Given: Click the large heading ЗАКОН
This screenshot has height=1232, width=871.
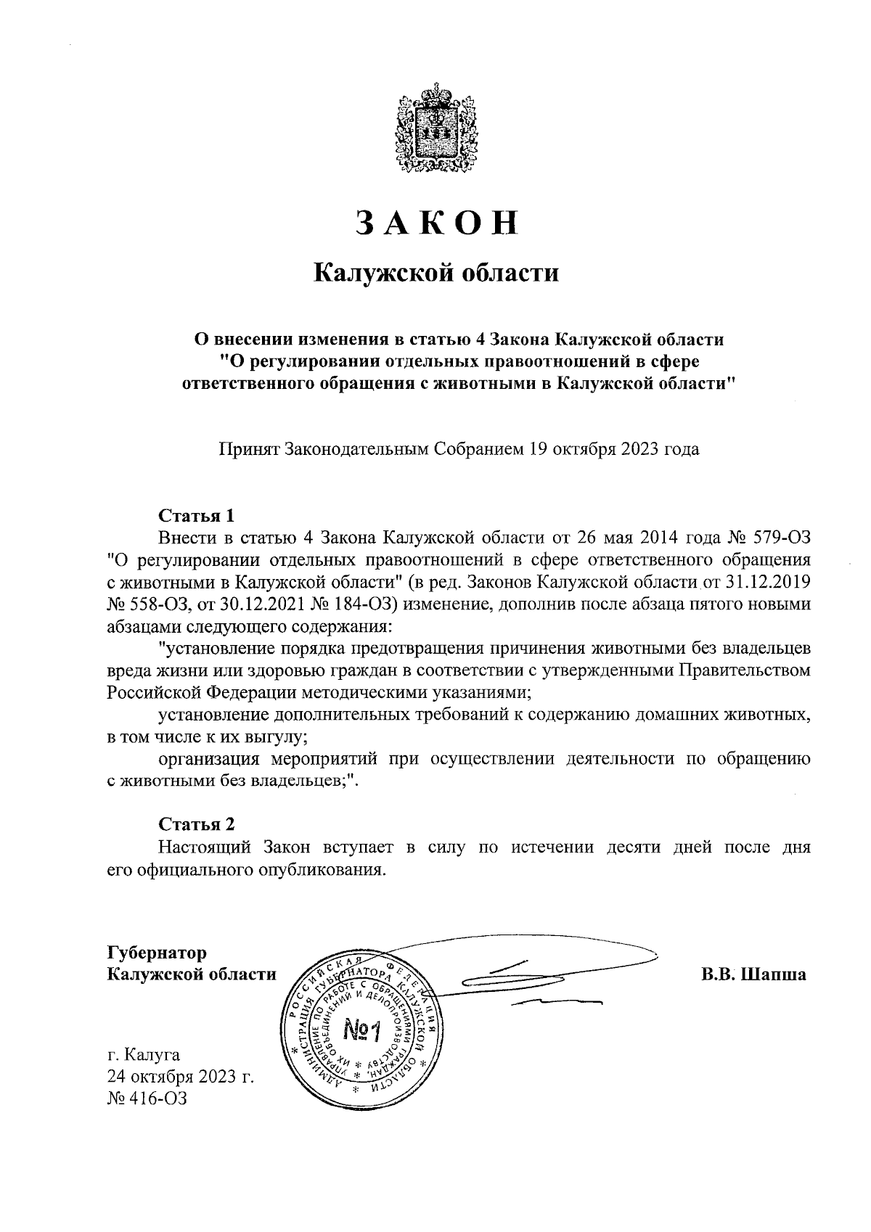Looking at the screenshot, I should [x=436, y=223].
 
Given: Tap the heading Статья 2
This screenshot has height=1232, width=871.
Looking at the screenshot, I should [x=197, y=824].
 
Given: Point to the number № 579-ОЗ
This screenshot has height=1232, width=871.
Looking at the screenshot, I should [x=769, y=538].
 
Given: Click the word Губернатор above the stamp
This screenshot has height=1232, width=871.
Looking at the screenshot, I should [x=156, y=952].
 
